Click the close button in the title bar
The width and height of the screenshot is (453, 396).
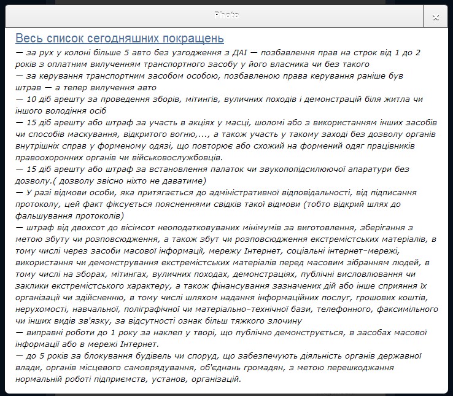coord(435,16)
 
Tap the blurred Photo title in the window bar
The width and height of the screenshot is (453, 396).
coord(226,14)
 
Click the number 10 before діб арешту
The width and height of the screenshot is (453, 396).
coord(34,99)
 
